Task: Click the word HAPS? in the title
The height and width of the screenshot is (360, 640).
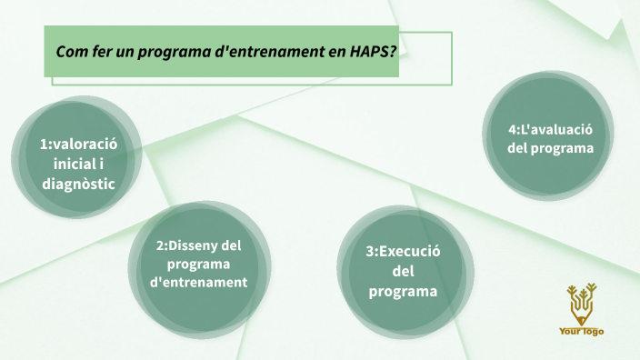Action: [x=374, y=52]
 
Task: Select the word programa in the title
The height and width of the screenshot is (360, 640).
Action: [x=170, y=53]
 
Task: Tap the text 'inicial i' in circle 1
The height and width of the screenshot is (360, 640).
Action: [x=79, y=163]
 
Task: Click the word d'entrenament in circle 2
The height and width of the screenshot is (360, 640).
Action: [x=198, y=282]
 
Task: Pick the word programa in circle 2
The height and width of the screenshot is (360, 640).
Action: [x=198, y=264]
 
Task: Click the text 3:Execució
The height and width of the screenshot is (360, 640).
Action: [x=403, y=252]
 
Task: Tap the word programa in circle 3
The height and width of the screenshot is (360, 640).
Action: [x=403, y=292]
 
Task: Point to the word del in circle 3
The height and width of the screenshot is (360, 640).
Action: [x=403, y=272]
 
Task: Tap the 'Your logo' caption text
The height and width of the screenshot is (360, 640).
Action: [x=581, y=331]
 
